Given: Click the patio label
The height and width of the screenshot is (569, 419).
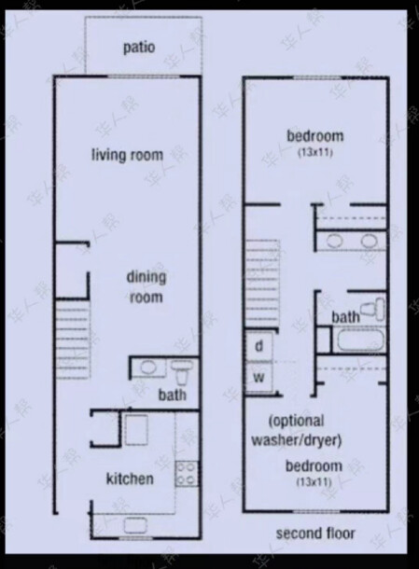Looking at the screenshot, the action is coord(139,48).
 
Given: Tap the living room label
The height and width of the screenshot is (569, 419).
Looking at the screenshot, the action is coord(127,155).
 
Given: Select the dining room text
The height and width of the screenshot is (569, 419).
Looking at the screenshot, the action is coord(147,287).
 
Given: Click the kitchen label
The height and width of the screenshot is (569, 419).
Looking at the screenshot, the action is coord(130,479).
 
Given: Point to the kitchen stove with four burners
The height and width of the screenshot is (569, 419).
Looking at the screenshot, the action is coord(187,474).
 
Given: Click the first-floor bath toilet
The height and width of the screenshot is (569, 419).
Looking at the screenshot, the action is coord(182,372).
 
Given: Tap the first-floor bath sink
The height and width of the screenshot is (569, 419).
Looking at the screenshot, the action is coord(147,368).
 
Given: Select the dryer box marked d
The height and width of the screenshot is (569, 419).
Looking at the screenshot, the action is coord(258,347).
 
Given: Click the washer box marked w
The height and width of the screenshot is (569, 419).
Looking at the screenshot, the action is coord(258,378).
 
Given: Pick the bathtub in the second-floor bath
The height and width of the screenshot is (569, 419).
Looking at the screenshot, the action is coord(360,340).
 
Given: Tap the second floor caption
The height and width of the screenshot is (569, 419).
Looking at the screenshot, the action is coord(315,534).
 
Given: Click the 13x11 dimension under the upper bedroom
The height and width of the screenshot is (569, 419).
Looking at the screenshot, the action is coord(315,152).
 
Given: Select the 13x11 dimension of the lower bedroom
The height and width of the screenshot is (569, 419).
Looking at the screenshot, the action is coord(314,482).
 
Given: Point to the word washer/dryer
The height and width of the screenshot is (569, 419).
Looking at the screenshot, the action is coord(296,440).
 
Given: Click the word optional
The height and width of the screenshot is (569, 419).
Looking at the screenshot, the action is coord(296,422).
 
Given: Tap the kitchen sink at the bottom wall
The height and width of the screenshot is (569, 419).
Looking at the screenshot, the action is coord(135,525).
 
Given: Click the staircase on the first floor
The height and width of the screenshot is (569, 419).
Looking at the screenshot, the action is coord(73,340).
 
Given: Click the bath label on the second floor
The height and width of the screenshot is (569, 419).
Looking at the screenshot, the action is coord(345,317).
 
